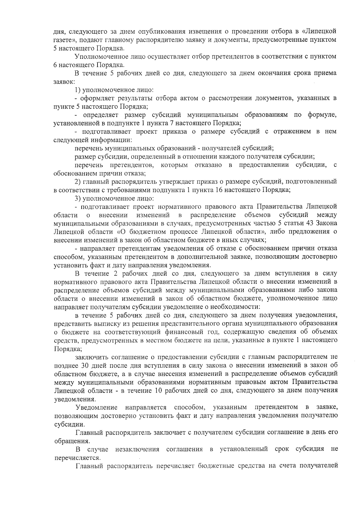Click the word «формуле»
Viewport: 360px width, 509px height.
[322, 115]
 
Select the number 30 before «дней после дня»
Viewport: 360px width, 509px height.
[85, 365]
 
